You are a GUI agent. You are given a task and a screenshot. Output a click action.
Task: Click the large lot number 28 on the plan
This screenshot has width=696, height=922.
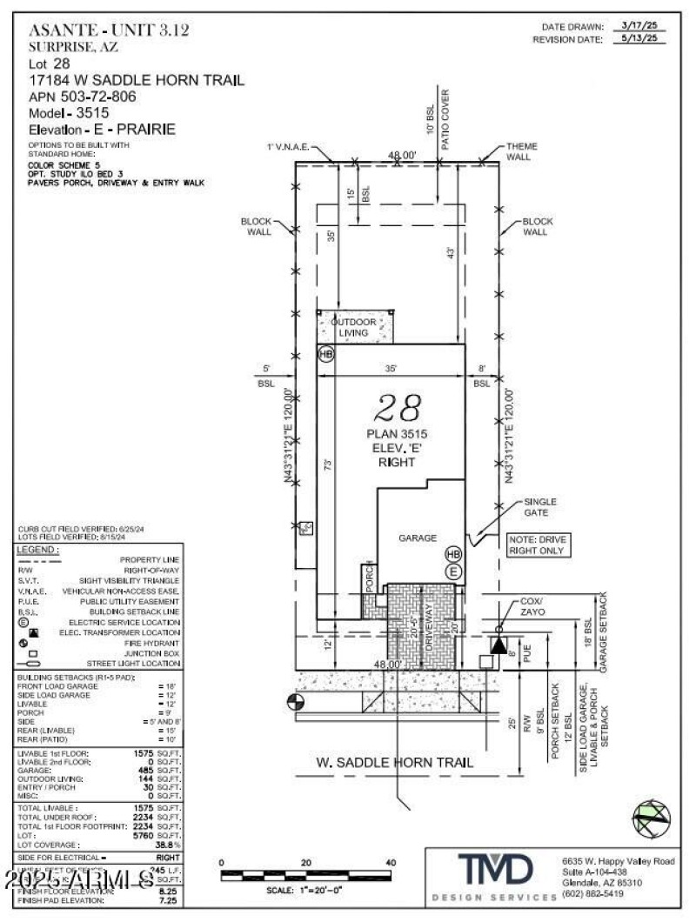click(x=398, y=407)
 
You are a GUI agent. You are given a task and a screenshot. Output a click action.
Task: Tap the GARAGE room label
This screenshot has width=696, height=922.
click(x=417, y=538)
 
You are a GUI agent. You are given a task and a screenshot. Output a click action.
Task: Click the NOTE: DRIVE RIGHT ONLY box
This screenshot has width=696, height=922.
click(x=537, y=545)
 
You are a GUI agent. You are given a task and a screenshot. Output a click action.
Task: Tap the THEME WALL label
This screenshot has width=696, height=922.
click(x=522, y=151)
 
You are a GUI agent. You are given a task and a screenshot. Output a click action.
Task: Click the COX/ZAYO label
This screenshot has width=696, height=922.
click(x=531, y=606)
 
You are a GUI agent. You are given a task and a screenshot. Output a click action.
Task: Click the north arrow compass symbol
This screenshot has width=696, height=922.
click(x=652, y=818)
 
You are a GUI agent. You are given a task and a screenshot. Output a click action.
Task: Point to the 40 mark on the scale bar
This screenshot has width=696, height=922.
click(x=390, y=862)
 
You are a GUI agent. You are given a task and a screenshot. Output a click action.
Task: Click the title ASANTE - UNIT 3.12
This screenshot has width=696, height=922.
click(x=109, y=30)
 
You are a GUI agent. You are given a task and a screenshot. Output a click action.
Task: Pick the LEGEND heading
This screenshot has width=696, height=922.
click(x=38, y=550)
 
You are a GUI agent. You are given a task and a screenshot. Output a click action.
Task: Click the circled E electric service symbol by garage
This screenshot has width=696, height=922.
click(x=452, y=571)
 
